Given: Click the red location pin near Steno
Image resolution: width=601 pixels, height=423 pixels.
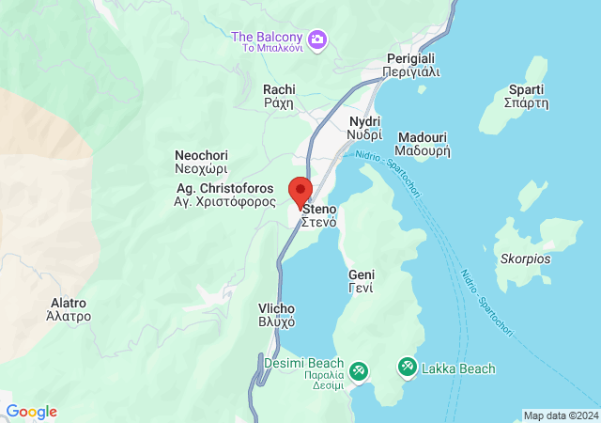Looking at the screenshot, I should coord(300,191).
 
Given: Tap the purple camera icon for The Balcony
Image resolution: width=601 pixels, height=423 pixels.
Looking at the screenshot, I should coord(317,39).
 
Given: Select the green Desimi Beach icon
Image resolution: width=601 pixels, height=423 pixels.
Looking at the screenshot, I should coord(358,372).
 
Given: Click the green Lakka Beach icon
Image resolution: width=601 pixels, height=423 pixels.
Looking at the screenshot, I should coord(407,367).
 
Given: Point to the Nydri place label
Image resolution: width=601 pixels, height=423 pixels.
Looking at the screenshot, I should coord(364,129).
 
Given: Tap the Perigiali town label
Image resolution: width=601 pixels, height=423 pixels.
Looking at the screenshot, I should coord(412,65).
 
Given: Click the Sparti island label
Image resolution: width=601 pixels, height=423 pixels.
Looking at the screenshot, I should coord(526,96).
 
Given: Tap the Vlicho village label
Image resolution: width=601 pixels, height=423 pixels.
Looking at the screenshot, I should coord(277,315).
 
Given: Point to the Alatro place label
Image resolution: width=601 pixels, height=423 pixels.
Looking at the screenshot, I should coord(69,310).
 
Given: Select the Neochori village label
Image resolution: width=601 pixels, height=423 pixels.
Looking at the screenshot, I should coord(201,162).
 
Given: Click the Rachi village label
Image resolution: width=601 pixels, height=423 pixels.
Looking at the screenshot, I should coord(278,97).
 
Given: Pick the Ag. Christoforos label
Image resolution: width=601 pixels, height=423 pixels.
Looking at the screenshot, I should coord(225,195).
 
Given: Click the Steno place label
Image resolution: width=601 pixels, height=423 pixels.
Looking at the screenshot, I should coord(319,214).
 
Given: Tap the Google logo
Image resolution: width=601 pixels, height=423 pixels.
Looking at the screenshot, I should coord(31,412).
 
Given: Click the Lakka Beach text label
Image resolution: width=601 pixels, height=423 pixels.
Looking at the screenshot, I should coord(457,368).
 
